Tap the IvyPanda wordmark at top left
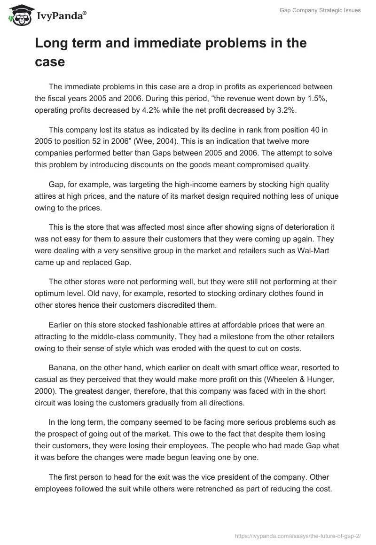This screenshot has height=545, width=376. point(61,16)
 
